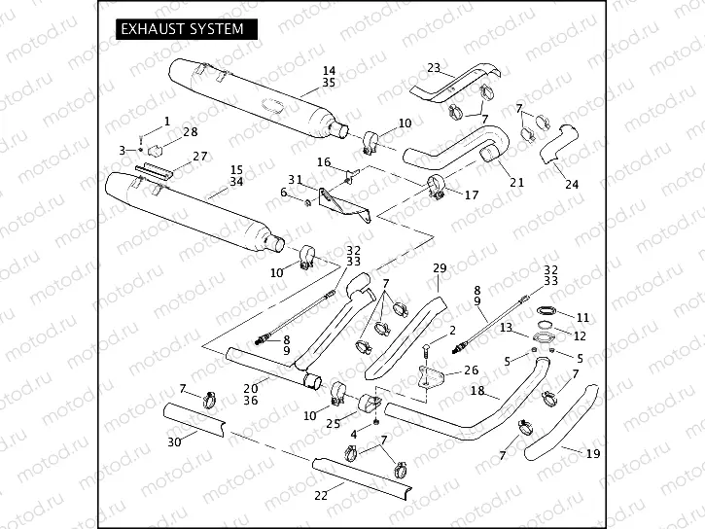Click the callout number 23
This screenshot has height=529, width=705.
434,68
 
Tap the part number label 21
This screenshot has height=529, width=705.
516,182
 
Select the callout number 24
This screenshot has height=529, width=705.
571,184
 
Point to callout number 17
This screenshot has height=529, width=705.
472,194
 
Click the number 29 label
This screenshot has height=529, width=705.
439,267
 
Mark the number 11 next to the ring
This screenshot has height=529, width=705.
582,317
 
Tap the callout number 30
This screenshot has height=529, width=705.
174,442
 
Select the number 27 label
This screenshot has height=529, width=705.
199,157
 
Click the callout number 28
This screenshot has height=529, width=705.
190,131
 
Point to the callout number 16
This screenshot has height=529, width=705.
324,161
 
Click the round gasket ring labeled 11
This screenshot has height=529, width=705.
547,312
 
